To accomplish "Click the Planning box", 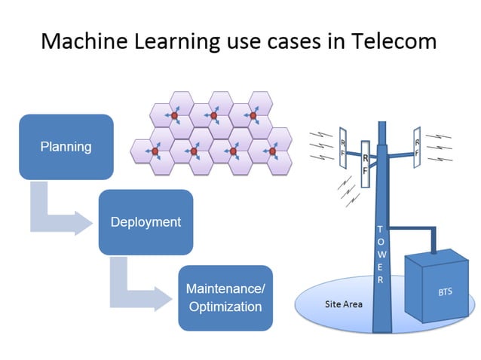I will (x=66, y=147).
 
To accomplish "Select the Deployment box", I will (x=146, y=222).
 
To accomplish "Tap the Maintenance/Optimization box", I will (x=225, y=297).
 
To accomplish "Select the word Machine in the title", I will (x=79, y=41).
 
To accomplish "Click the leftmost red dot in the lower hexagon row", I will (x=155, y=151).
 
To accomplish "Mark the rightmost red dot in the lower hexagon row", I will (x=272, y=151).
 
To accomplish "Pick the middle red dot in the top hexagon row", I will (x=213, y=115).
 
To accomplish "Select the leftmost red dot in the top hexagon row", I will (x=174, y=115).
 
